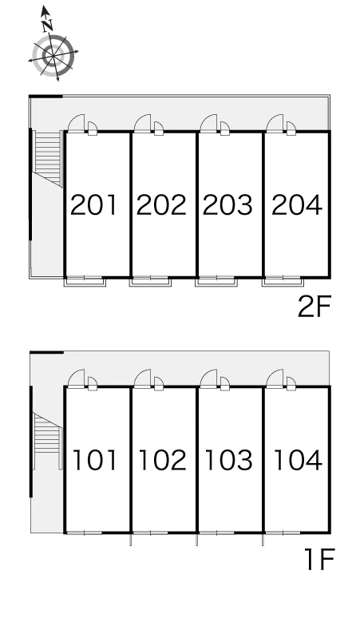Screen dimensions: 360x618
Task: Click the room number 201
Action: click(x=93, y=205)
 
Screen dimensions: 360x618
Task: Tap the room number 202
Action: click(x=161, y=205)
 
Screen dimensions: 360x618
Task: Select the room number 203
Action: click(x=227, y=205)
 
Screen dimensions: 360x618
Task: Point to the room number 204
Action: click(x=297, y=205)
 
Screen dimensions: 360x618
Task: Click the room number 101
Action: click(x=95, y=460)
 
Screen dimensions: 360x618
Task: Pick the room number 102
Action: click(x=163, y=460)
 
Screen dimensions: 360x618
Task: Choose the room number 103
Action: click(x=229, y=460)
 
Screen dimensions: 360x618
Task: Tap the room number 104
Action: click(x=299, y=460)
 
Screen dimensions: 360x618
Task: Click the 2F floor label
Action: click(x=315, y=307)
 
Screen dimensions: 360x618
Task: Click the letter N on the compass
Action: click(x=48, y=26)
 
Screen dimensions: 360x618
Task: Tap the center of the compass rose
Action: click(x=53, y=56)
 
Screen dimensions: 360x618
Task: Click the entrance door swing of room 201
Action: click(x=77, y=123)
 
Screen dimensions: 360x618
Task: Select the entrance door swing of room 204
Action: click(x=275, y=123)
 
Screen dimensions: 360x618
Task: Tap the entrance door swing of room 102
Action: click(x=143, y=378)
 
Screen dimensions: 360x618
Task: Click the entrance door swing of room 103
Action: click(x=209, y=378)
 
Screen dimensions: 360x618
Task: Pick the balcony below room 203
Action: click(x=216, y=281)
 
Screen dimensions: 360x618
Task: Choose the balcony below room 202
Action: click(x=150, y=281)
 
